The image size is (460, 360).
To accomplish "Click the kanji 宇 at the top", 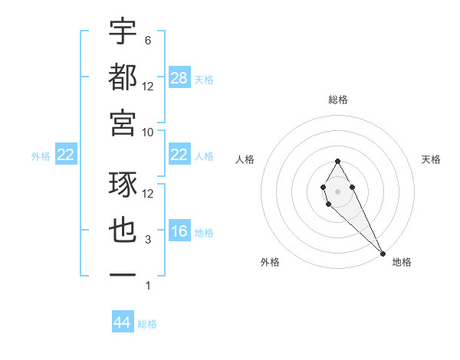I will (x=123, y=31).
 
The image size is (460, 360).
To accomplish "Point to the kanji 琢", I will (x=123, y=185).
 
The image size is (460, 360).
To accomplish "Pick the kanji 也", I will (x=123, y=230).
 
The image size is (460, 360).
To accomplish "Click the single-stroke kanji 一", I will (x=123, y=274).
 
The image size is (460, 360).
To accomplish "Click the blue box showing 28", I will (x=179, y=77).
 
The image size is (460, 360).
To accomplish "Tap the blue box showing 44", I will (x=123, y=322).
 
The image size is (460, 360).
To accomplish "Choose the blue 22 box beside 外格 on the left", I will (x=66, y=155).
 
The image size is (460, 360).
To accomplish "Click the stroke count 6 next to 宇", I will (x=148, y=41).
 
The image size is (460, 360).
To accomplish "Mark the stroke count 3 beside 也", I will (x=148, y=240).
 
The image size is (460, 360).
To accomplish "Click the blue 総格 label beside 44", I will (x=147, y=324).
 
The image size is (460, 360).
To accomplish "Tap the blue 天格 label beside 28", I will (x=204, y=79).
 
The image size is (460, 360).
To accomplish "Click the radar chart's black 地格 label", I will (x=402, y=262).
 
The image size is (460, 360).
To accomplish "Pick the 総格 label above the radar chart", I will (x=337, y=100).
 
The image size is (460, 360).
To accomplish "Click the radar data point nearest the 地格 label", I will (x=383, y=253).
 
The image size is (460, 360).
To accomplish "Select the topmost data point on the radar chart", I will (x=337, y=161).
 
